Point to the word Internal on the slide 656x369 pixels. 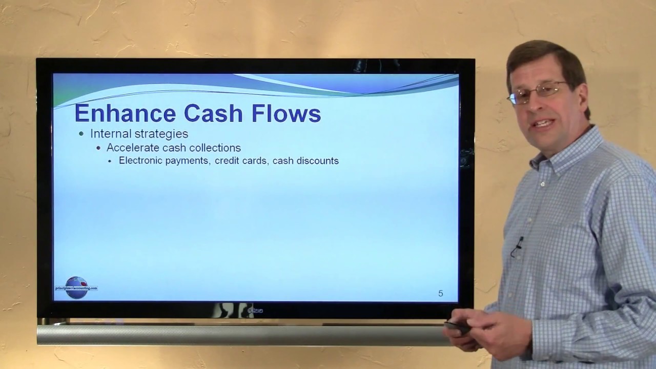[110, 134]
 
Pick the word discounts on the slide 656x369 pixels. [316, 161]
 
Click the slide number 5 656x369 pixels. [440, 294]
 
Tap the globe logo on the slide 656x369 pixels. [76, 287]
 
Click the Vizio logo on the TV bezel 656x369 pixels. [255, 311]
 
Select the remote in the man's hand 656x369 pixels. [457, 327]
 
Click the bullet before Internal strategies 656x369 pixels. [81, 134]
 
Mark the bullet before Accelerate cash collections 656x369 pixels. [98, 148]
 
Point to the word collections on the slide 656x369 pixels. [215, 148]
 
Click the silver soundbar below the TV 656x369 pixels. [241, 335]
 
